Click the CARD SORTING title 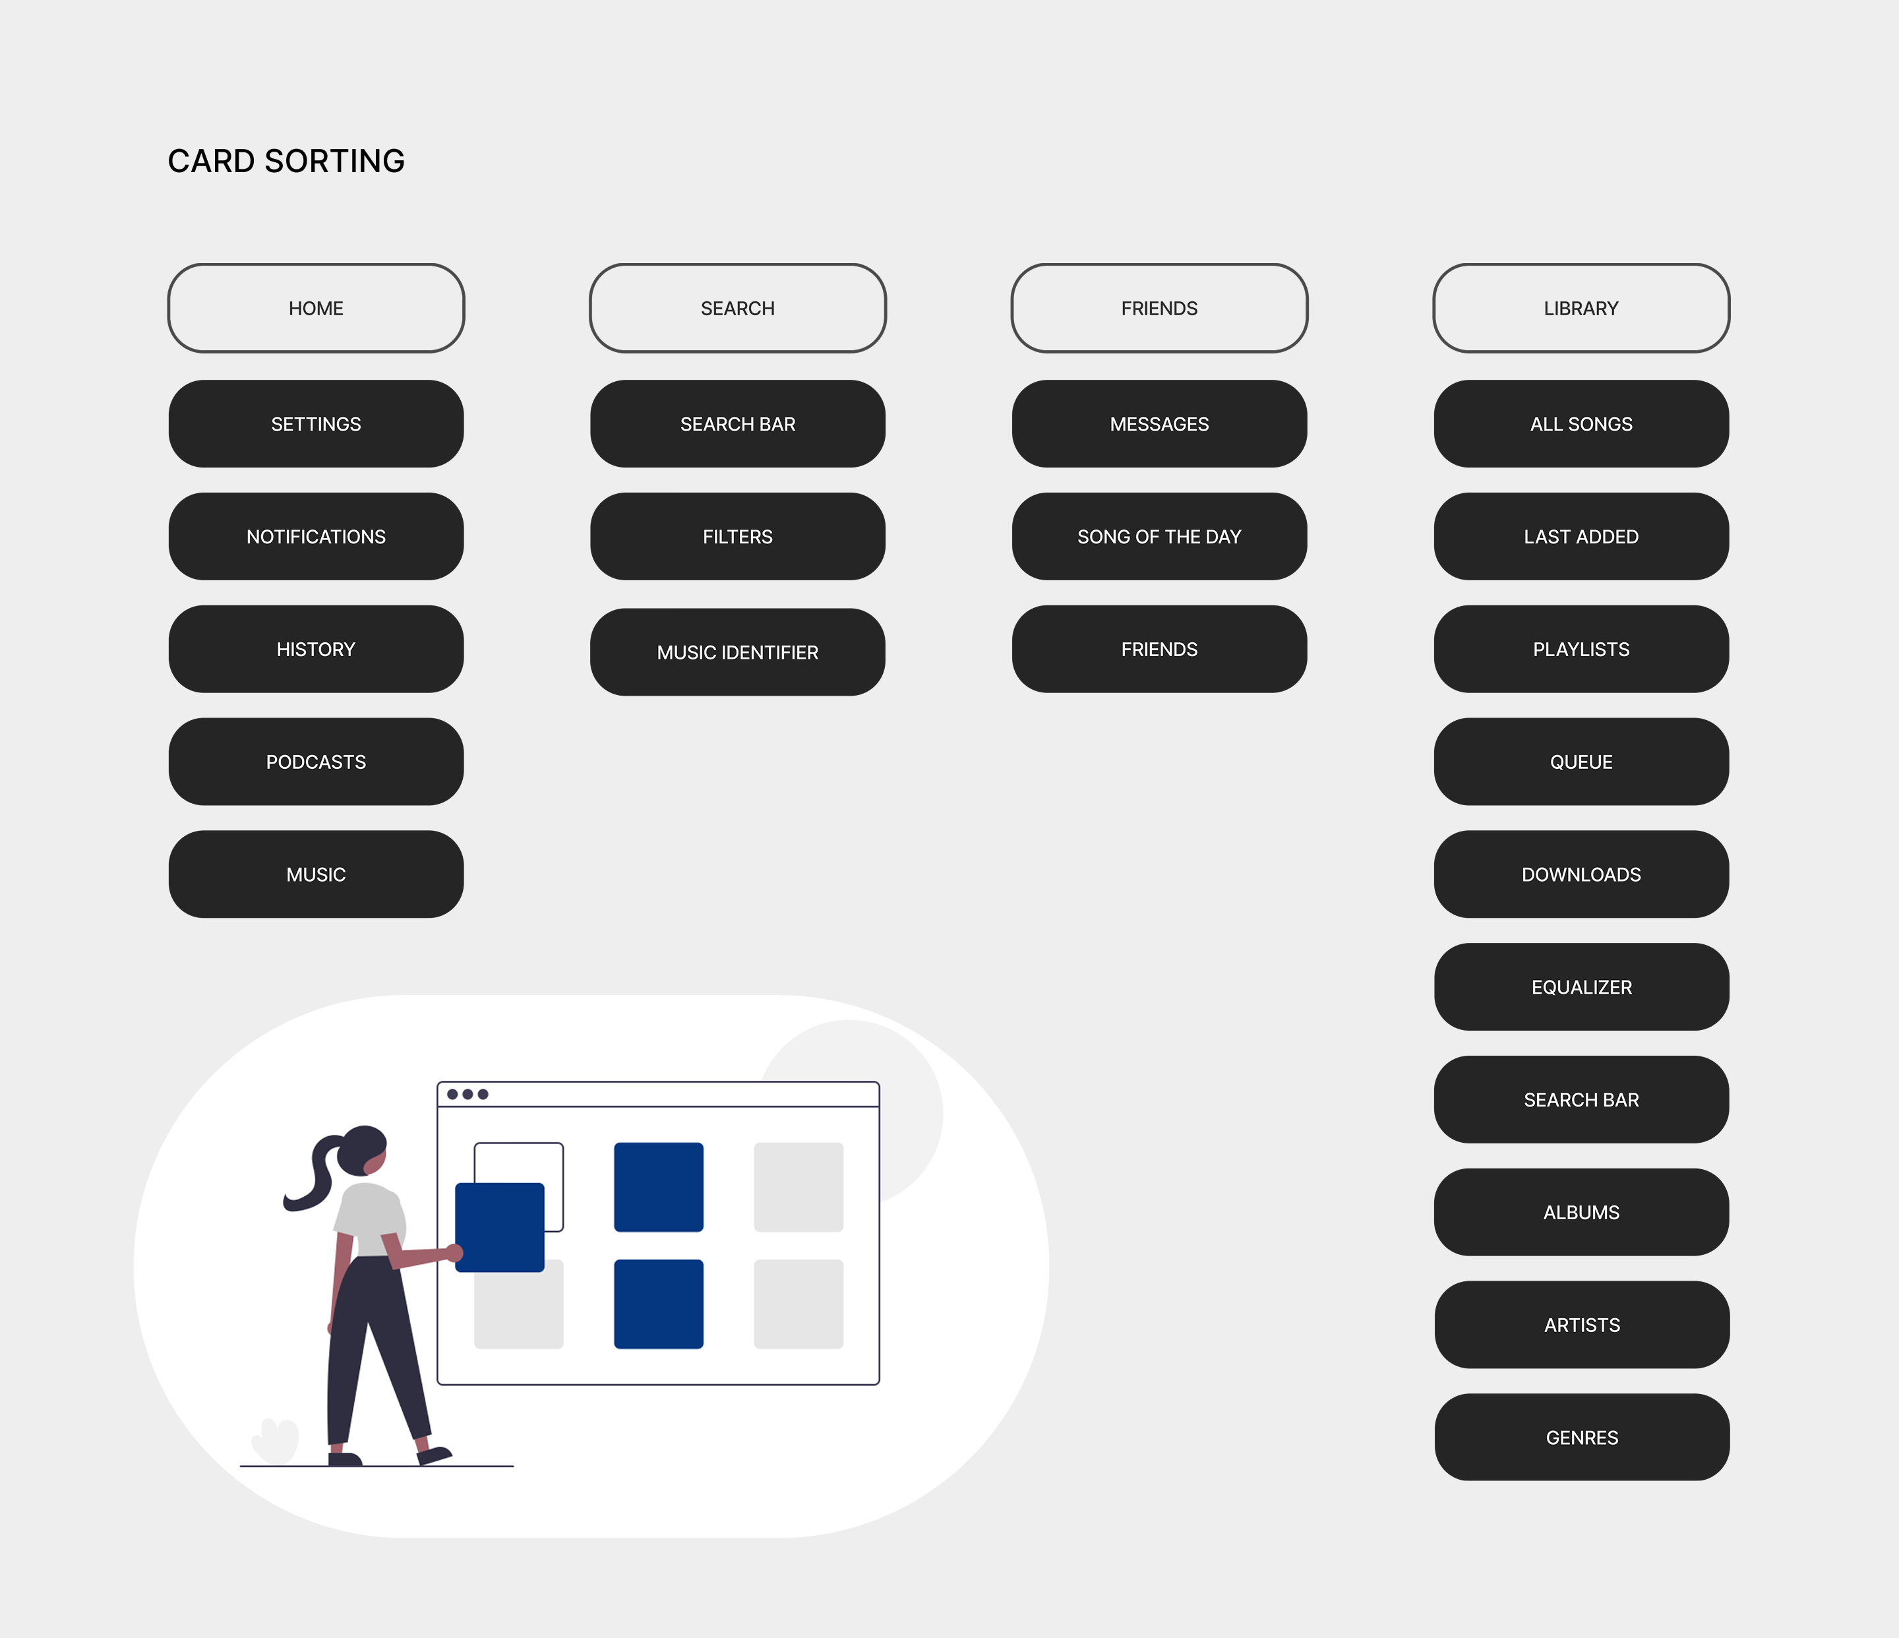point(286,162)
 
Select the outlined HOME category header point(316,308)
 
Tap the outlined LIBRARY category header point(1581,308)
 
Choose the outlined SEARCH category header point(738,308)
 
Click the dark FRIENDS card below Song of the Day point(1159,649)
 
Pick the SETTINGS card point(316,423)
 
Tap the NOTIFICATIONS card point(316,536)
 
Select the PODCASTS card point(316,762)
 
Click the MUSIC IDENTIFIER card point(738,652)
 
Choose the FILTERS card point(738,536)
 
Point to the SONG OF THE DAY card point(1159,536)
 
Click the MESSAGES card point(1159,423)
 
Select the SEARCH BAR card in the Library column point(1581,1099)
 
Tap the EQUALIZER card point(1581,986)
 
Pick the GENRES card point(1581,1438)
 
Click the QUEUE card point(1581,762)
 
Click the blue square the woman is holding point(500,1227)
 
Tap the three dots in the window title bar point(467,1093)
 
